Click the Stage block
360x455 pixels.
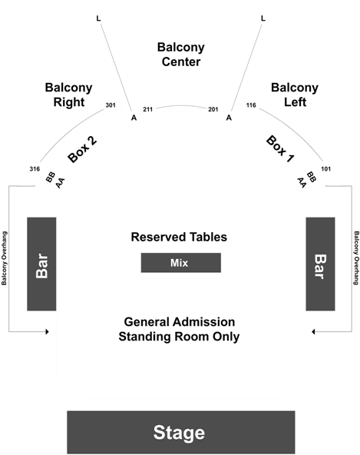coord(181,432)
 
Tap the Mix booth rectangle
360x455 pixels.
coord(181,263)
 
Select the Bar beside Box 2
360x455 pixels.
coord(41,264)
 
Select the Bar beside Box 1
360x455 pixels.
coord(320,264)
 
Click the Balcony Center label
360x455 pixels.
coord(181,55)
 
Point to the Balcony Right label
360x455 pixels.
coord(68,95)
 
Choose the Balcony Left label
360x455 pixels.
coord(295,95)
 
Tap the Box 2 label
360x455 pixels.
coord(82,149)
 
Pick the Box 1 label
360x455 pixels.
coord(280,148)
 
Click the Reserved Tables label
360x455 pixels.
coord(179,237)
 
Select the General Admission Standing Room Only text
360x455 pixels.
coord(179,330)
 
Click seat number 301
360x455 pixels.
coord(111,105)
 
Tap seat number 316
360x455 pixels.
coord(35,169)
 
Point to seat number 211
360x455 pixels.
coord(148,109)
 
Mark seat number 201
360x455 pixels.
coord(213,109)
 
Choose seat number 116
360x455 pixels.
coord(251,105)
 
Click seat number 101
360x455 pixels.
coord(325,169)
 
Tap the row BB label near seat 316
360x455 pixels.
coord(51,177)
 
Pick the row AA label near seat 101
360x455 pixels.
coord(302,182)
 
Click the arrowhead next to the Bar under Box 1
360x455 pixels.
coord(313,331)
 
